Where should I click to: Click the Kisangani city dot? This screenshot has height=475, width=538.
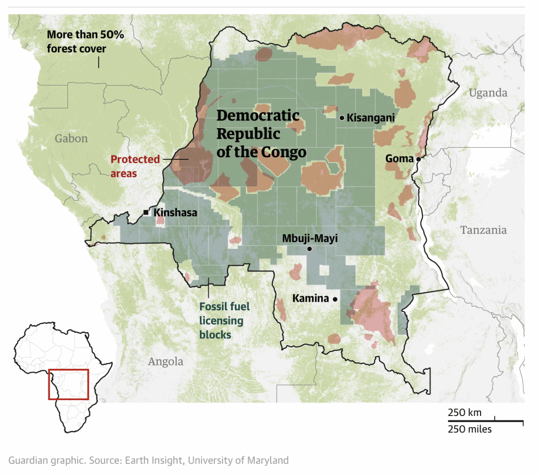pos(342,118)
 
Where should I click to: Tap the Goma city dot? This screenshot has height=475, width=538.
pos(418,159)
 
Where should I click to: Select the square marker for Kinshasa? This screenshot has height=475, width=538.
pos(146,212)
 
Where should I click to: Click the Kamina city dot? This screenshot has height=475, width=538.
pos(335,299)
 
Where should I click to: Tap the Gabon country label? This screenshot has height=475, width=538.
pos(71,138)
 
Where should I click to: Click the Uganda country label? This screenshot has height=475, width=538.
pos(488,93)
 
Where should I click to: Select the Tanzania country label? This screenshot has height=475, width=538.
pos(483,230)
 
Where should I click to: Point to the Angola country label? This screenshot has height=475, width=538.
pos(165,361)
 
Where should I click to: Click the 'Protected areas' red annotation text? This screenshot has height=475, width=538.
pos(135,166)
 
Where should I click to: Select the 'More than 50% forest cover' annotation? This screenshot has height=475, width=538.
pos(85,42)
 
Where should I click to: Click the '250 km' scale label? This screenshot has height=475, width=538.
pos(464,412)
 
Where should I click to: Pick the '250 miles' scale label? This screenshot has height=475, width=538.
pos(469,429)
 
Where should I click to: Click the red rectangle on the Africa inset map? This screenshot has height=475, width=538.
pos(69,384)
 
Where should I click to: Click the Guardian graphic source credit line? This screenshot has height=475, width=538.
pos(148,460)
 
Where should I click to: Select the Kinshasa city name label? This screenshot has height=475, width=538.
pos(175,212)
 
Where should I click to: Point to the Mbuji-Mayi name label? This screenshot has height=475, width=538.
pos(310,238)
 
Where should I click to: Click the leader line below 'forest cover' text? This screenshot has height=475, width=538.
pos(99,62)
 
